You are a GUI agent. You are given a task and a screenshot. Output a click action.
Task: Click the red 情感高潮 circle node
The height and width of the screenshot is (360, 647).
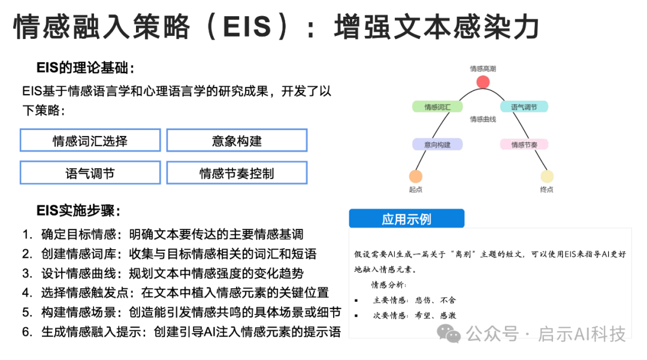(x=483, y=83)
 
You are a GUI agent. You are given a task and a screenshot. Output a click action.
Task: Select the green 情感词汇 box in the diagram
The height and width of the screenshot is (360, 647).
(x=437, y=107)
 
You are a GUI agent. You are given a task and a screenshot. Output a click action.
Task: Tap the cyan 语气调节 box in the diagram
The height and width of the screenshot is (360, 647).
(x=524, y=107)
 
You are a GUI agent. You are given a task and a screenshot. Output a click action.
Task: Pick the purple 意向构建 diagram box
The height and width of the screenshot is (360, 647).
(x=437, y=144)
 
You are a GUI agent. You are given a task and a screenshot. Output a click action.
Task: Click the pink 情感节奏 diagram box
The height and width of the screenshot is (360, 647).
(x=524, y=144)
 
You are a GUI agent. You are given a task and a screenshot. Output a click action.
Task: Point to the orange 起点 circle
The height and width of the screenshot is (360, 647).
(x=416, y=176)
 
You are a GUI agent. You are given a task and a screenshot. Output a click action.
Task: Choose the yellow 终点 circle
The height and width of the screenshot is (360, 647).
(x=546, y=176)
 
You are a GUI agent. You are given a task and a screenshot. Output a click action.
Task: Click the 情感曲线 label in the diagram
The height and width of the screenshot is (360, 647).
(x=483, y=119)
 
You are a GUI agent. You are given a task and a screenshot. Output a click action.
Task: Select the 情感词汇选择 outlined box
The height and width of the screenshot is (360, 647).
(x=90, y=141)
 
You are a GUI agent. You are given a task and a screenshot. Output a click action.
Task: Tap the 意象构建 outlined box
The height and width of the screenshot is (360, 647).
(x=237, y=141)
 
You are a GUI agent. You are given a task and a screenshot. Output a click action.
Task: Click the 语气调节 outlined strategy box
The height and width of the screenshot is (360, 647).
(x=90, y=173)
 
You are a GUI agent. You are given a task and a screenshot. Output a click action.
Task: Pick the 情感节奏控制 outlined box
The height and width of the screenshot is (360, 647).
(x=237, y=173)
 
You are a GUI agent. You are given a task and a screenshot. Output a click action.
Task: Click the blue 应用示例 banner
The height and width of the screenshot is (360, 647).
(x=406, y=219)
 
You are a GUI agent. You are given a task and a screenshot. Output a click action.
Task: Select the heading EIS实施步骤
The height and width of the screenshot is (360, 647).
(x=78, y=210)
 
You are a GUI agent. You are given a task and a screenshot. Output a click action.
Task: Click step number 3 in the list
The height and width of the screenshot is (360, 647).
(x=27, y=274)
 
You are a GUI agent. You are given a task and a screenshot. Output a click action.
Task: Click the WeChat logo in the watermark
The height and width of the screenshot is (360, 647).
(x=449, y=333)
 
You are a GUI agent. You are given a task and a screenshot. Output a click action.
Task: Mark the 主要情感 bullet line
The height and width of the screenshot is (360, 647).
(x=414, y=300)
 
